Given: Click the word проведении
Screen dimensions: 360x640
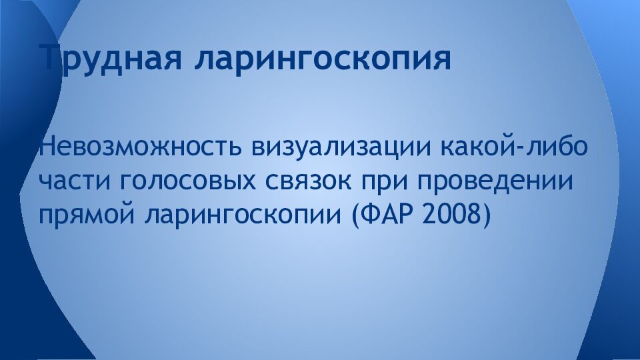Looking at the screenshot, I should [500, 182].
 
